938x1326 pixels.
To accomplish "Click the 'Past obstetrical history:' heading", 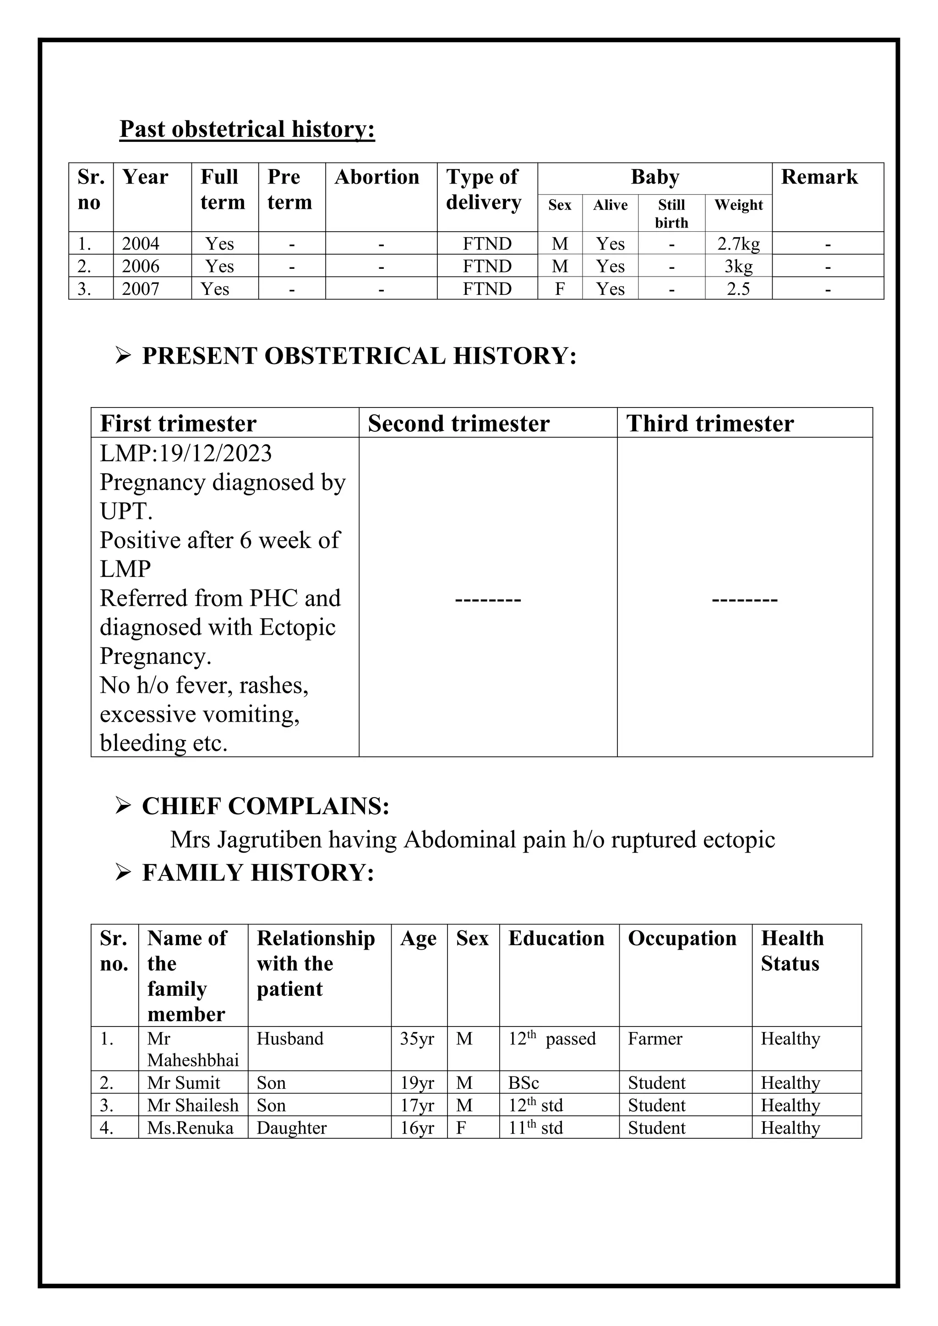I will pyautogui.click(x=247, y=130).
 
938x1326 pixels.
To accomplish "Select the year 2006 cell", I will pyautogui.click(x=140, y=266).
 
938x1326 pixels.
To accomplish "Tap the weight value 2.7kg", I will pyautogui.click(x=738, y=244).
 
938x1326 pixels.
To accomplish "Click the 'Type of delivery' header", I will pyautogui.click(x=484, y=190).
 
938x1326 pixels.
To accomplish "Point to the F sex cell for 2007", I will pyautogui.click(x=559, y=289).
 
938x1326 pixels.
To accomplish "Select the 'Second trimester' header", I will pyautogui.click(x=458, y=424).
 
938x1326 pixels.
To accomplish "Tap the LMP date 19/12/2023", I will pyautogui.click(x=215, y=453).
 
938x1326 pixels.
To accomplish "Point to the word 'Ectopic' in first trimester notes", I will pyautogui.click(x=297, y=627).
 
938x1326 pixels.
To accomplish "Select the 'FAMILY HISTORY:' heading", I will pyautogui.click(x=257, y=873).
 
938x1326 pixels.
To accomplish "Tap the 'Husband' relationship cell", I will pyautogui.click(x=289, y=1038).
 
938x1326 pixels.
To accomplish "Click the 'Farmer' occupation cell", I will pyautogui.click(x=654, y=1038).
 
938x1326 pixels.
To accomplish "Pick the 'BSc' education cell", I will pyautogui.click(x=524, y=1083).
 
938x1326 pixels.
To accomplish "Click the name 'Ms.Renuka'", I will pyautogui.click(x=190, y=1128).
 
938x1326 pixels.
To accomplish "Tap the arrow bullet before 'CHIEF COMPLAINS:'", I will pyautogui.click(x=123, y=806).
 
